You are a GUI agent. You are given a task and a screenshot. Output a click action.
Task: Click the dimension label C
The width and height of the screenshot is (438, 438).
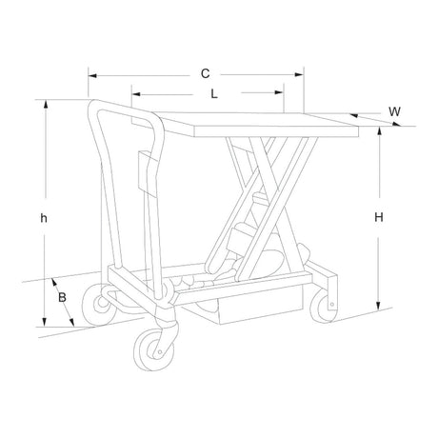click(x=206, y=73)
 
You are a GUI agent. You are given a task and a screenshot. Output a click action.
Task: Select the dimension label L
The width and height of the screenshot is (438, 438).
click(x=214, y=93)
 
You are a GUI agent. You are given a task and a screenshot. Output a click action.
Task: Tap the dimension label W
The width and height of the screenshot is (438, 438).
click(x=394, y=111)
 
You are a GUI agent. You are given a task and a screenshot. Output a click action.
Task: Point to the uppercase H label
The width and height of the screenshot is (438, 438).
click(x=379, y=217)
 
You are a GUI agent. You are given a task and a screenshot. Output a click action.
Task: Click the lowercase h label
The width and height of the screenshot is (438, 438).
click(x=44, y=218)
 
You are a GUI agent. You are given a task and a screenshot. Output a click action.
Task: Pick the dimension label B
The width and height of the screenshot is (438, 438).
click(x=62, y=297)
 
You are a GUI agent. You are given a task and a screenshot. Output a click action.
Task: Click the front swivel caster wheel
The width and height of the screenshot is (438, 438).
click(x=154, y=349)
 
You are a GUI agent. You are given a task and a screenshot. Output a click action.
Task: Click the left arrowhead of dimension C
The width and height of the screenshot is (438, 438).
click(x=92, y=75)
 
